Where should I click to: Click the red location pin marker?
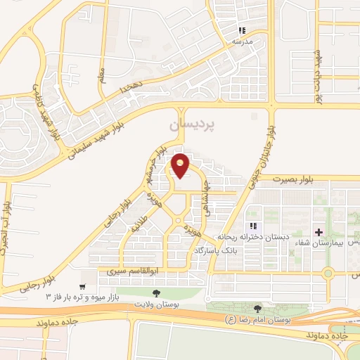pos(181,166)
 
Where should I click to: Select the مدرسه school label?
pos(242,42)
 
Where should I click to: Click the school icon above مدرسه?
pos(242,30)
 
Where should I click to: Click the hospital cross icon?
pos(318,231)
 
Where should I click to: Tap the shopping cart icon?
pos(82,287)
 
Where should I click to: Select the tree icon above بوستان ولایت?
pos(156,292)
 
